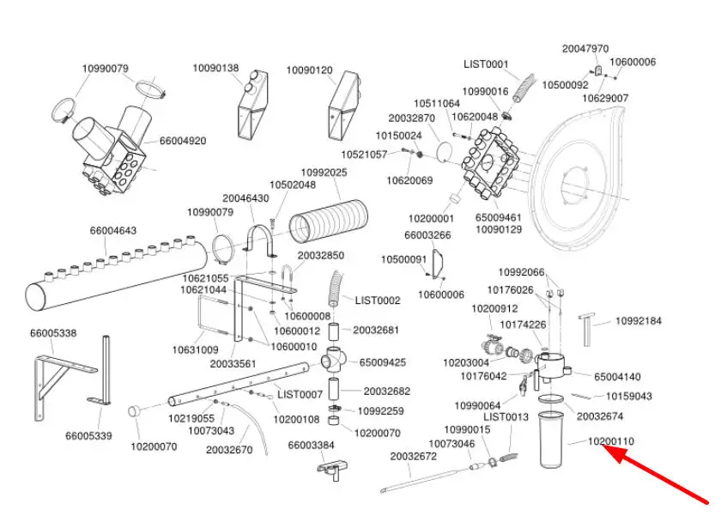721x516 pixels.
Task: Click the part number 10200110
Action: [610, 442]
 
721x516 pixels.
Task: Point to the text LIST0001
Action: [486, 64]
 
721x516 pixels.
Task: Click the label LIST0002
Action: [377, 300]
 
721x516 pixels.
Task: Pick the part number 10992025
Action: [323, 173]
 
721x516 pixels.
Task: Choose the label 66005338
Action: [52, 332]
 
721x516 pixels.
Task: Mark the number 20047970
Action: [585, 49]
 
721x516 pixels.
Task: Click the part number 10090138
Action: [215, 69]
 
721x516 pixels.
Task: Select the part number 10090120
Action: [309, 69]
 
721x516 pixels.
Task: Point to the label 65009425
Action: [383, 362]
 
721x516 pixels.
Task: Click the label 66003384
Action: [311, 445]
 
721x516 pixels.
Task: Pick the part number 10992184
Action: [638, 321]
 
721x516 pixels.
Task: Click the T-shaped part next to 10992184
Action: [587, 325]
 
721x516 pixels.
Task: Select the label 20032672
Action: [414, 456]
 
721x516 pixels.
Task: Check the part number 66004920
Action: [182, 141]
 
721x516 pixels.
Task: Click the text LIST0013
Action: [506, 416]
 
